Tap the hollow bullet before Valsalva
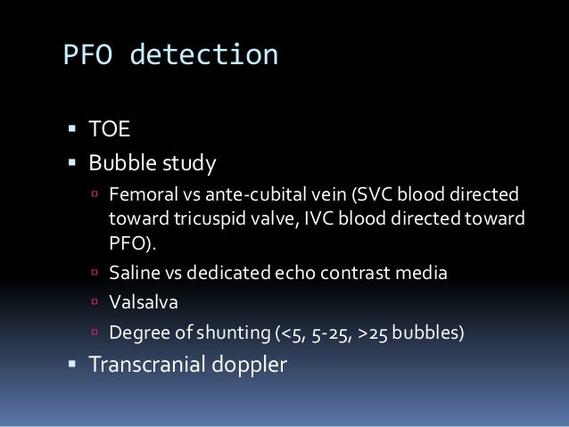[x=95, y=303]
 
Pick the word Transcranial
[x=148, y=366]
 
